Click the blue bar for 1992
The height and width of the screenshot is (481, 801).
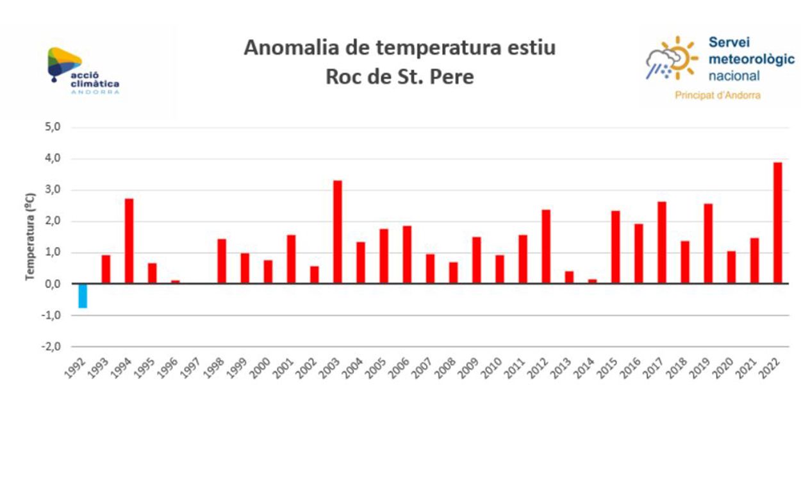[x=83, y=296]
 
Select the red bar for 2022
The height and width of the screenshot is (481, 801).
[x=777, y=223]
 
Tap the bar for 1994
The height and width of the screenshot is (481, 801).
[x=129, y=241]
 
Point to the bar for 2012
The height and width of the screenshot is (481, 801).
[x=545, y=246]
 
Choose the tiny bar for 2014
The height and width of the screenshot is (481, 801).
[x=592, y=281]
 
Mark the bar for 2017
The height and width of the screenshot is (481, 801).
[x=661, y=242]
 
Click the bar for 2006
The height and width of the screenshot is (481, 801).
[x=407, y=255]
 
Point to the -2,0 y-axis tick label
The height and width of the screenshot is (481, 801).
[x=52, y=346]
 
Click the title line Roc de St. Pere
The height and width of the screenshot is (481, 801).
[x=400, y=76]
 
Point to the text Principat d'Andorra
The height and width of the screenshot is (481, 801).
[x=718, y=96]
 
